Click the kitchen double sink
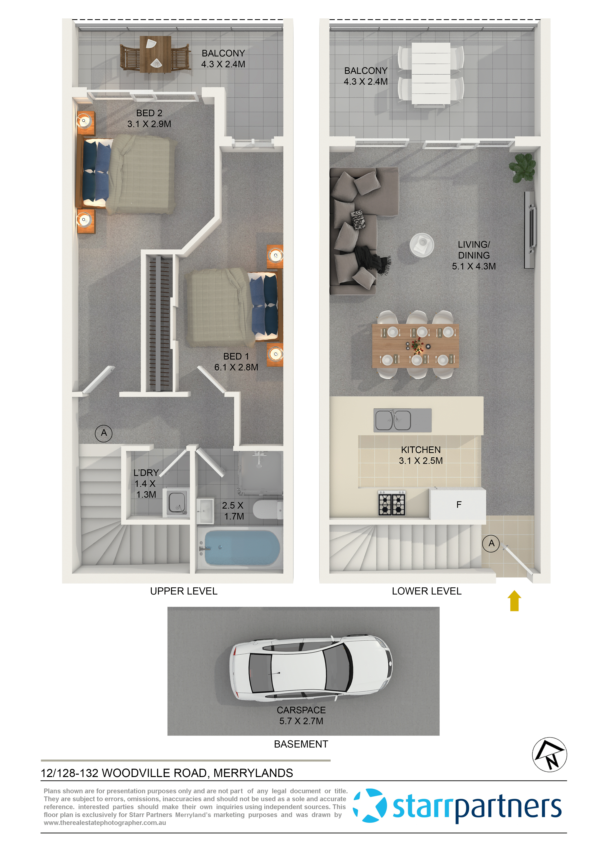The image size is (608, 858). pos(393,420)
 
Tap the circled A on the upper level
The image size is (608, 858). pos(104,433)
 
